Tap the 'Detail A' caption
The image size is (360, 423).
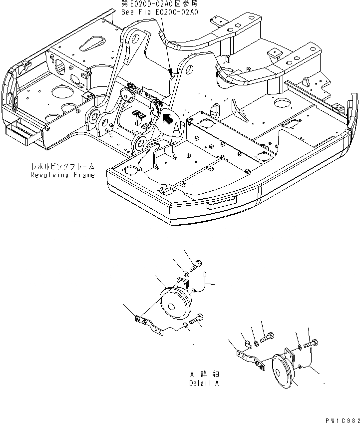point(203,383)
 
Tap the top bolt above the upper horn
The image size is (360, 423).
point(196,264)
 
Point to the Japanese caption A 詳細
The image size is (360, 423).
point(203,374)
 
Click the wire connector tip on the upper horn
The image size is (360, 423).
point(206,273)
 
